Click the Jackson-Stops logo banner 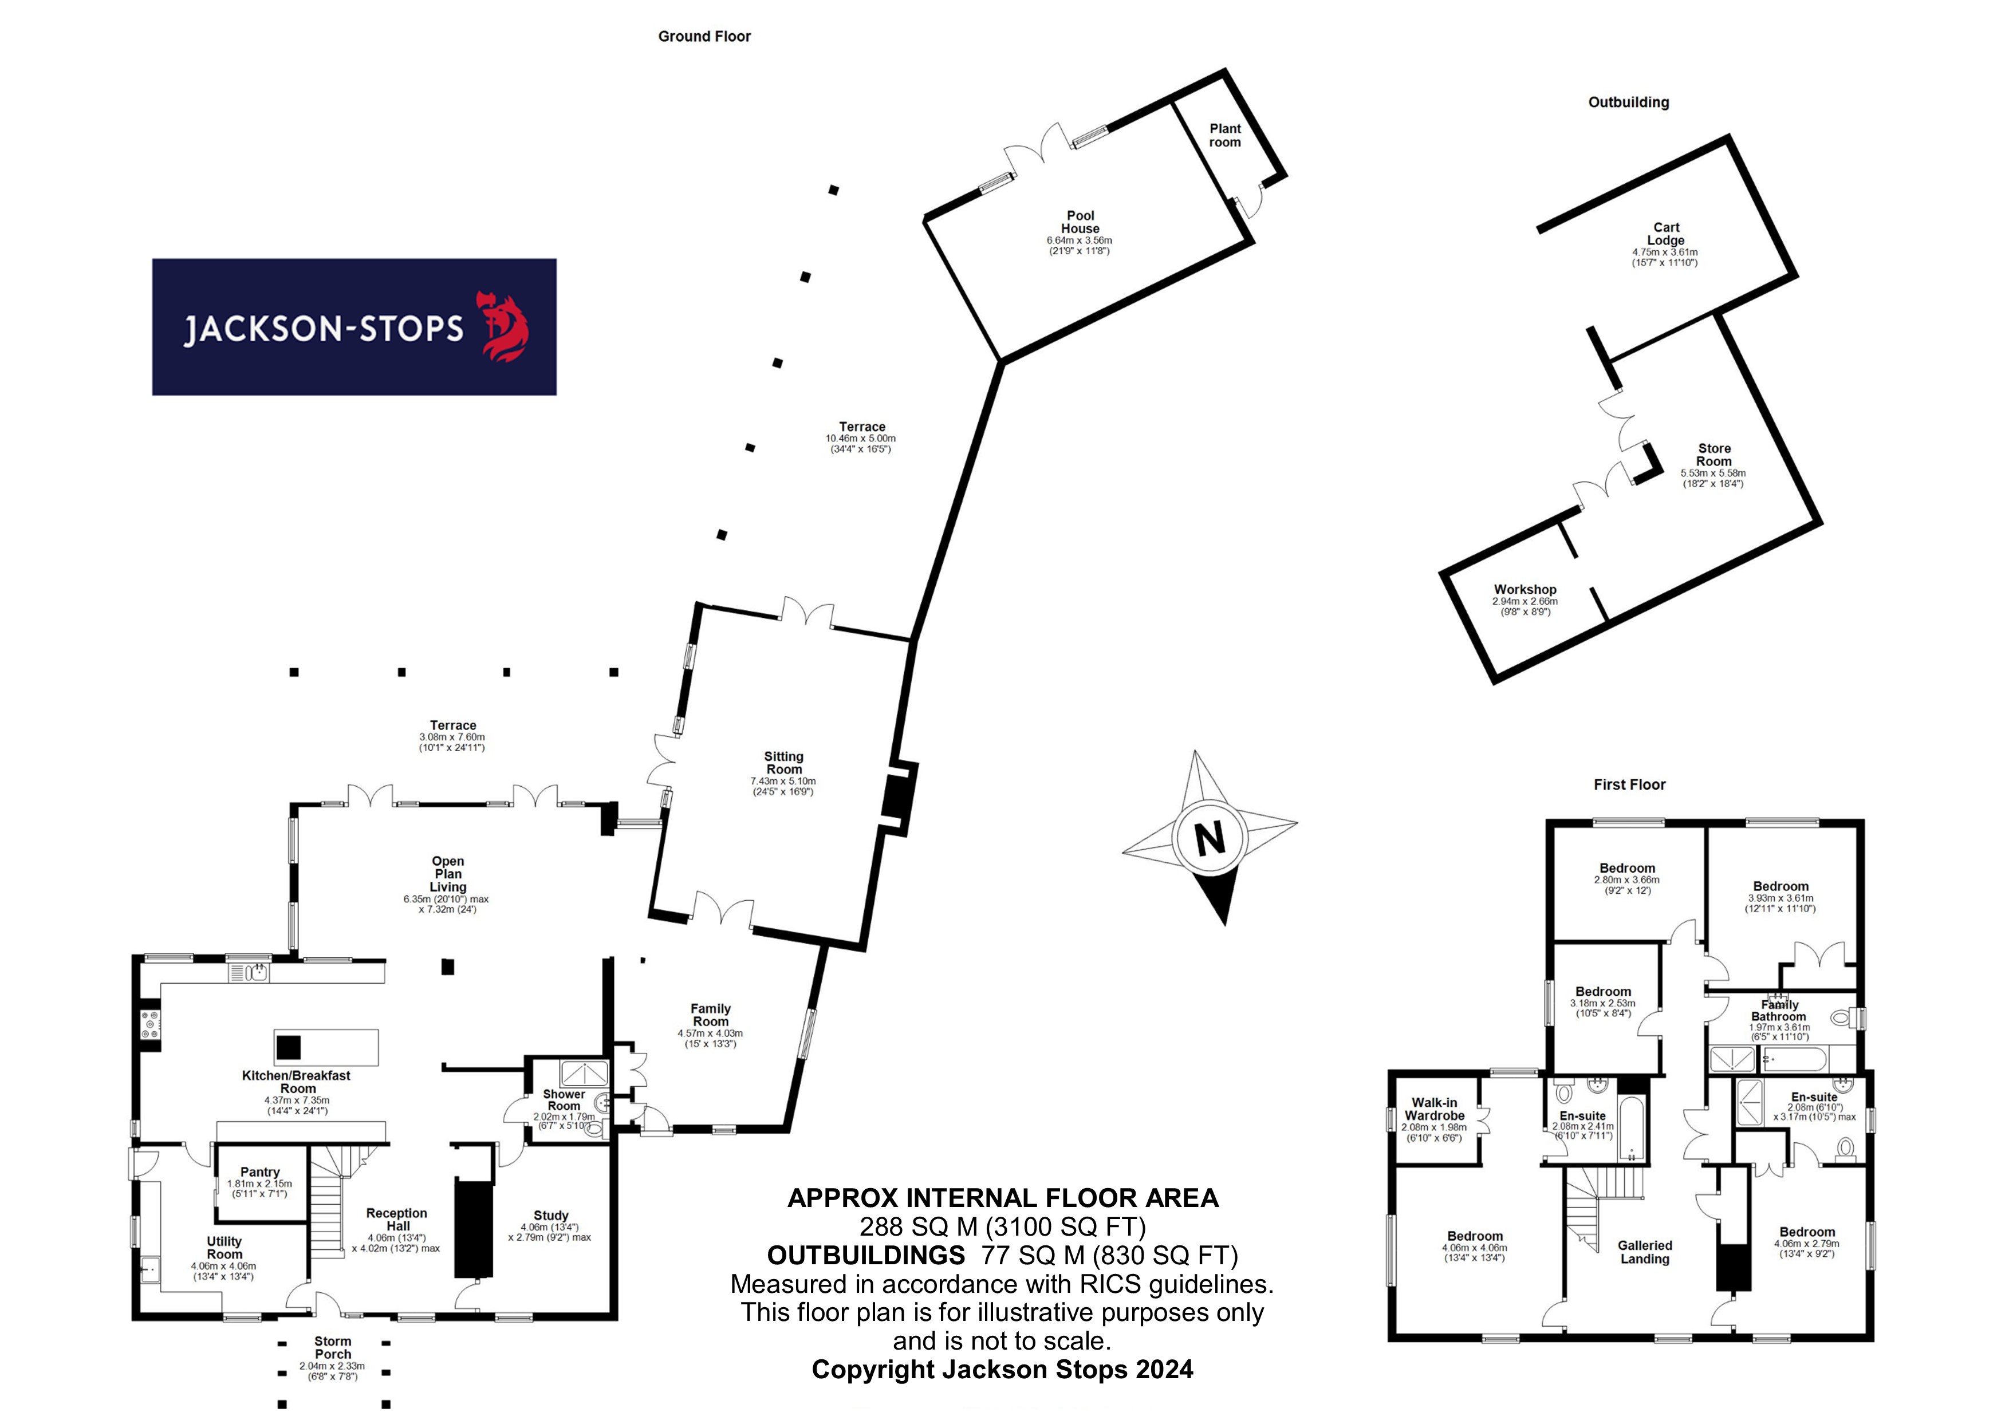click(x=354, y=326)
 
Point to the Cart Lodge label click(x=1666, y=234)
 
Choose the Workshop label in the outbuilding click(x=1525, y=589)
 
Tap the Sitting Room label click(x=784, y=762)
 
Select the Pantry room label click(x=260, y=1171)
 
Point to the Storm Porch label click(x=333, y=1347)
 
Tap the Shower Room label click(x=564, y=1100)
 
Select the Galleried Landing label click(x=1645, y=1252)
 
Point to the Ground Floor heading click(x=704, y=36)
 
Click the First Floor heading click(x=1629, y=785)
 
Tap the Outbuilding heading click(x=1628, y=102)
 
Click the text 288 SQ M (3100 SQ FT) click(x=1003, y=1226)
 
